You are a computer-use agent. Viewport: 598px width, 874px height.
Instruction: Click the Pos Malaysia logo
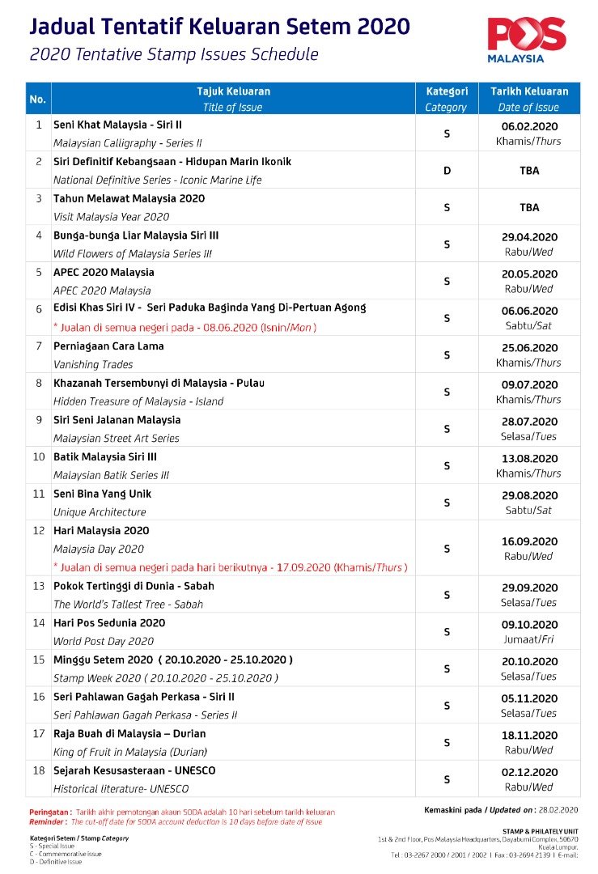[527, 39]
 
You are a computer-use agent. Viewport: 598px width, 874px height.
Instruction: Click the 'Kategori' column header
[446, 91]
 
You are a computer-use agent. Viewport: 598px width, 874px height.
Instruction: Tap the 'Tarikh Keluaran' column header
[528, 91]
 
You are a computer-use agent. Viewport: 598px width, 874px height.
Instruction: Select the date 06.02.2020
[528, 126]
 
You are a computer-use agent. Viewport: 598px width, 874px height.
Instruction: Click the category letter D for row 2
[446, 171]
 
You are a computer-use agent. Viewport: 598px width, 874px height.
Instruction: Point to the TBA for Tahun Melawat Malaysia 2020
[528, 208]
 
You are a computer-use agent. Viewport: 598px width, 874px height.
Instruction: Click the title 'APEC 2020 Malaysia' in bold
[104, 273]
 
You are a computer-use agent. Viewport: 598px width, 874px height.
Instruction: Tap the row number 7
[38, 346]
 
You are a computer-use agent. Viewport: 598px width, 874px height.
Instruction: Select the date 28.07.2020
[528, 422]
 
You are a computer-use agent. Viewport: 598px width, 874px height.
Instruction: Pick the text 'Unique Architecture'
[100, 512]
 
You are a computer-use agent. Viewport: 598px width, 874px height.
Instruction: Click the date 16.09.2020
[528, 541]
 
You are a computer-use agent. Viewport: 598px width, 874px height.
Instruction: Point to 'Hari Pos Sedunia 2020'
[109, 623]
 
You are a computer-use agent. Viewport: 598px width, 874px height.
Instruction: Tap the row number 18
[38, 770]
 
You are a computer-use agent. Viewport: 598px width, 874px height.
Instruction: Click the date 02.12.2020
[528, 773]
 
